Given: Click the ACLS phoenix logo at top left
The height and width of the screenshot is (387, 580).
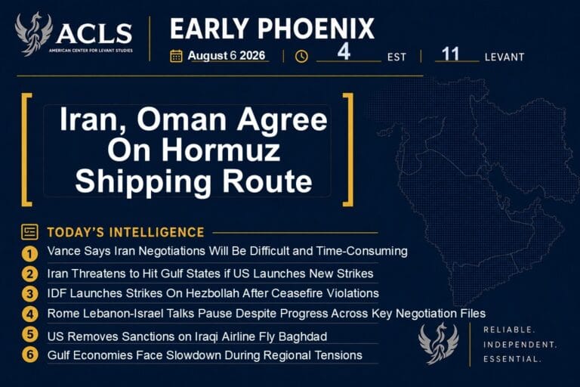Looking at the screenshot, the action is (33, 33).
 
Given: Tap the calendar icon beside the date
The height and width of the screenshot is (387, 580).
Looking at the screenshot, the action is (176, 56).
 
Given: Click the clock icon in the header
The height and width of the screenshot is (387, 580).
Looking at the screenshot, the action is (301, 56).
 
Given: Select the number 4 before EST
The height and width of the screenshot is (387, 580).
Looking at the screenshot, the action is (344, 51).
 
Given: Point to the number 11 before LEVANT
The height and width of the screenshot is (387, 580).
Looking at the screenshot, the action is (451, 54).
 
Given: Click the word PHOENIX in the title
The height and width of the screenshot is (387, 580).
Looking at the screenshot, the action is (316, 29).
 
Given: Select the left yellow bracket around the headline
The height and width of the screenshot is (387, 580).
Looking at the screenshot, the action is (26, 149).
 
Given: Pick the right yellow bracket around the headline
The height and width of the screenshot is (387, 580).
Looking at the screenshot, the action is (348, 149).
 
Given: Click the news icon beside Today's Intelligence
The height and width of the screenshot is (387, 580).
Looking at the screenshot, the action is (29, 232).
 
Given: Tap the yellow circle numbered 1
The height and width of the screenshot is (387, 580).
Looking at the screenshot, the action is (29, 254).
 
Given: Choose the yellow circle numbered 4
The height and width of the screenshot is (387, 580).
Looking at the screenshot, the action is (29, 314).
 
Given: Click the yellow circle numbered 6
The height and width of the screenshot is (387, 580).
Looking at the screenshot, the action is (29, 354).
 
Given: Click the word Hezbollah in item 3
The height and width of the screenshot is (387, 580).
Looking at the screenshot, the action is (212, 293).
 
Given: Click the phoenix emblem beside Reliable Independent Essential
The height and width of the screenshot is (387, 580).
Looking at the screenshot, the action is (438, 343).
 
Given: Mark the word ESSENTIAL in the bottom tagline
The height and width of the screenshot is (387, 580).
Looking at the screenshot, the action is (512, 359).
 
